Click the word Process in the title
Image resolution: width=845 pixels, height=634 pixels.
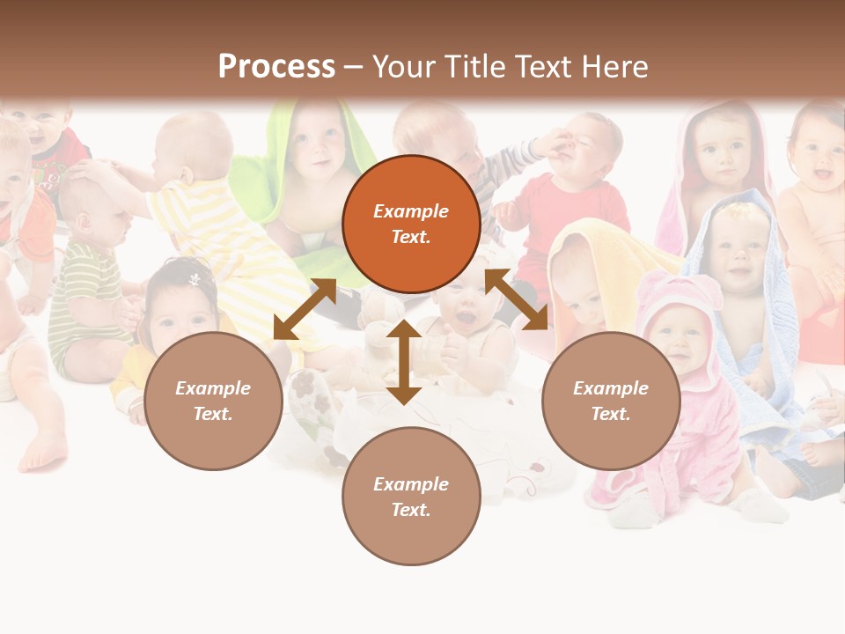click(x=276, y=67)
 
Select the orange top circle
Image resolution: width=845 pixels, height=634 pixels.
click(x=411, y=225)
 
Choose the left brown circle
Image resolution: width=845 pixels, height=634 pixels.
click(x=213, y=401)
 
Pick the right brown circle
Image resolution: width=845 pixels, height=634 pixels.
click(x=611, y=401)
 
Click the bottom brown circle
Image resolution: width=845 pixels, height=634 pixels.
click(x=411, y=497)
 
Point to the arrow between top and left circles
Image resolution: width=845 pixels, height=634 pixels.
click(x=305, y=309)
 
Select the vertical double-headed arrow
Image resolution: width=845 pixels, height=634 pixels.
click(x=403, y=362)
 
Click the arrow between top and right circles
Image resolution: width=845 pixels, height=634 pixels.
click(x=516, y=299)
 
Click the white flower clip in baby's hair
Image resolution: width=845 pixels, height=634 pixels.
click(x=195, y=279)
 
